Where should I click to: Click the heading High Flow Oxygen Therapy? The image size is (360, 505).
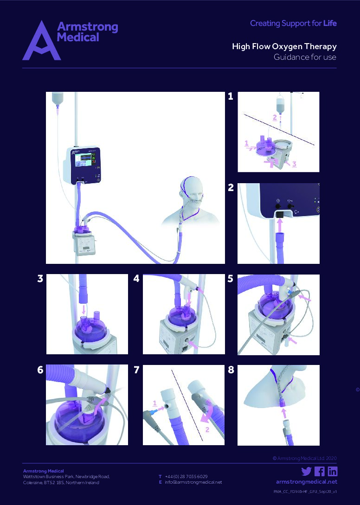[284, 46]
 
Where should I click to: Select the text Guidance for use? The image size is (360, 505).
[304, 58]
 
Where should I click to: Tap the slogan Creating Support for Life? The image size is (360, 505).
[293, 23]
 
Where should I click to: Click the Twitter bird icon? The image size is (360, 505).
[306, 472]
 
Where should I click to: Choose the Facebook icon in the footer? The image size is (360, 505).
[319, 472]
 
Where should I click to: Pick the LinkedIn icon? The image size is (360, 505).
[332, 472]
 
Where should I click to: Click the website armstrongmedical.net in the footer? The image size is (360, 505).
[306, 482]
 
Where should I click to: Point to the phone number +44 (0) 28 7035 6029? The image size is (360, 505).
[186, 476]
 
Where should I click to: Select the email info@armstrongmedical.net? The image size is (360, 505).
[193, 482]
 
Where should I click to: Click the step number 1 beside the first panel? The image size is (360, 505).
[231, 96]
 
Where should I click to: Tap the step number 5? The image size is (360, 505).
[231, 279]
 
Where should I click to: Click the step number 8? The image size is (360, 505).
[231, 370]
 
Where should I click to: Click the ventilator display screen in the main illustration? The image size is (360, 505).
[87, 162]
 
